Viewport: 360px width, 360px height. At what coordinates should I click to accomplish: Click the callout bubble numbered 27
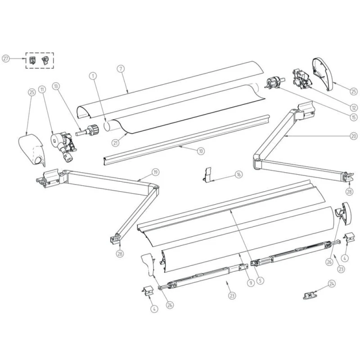point(6,58)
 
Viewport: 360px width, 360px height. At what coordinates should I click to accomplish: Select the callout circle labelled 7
point(121,69)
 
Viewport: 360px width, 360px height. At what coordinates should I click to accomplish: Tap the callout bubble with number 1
point(93,76)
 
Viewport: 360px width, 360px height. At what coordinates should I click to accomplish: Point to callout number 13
point(56,85)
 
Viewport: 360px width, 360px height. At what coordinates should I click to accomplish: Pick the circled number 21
point(116,143)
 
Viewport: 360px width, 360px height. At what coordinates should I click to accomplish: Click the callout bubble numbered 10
point(199,152)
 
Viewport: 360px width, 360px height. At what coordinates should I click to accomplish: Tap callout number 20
point(353,135)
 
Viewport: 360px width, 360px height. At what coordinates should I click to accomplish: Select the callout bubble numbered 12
point(353,108)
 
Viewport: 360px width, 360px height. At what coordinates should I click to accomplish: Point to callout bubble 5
point(260,279)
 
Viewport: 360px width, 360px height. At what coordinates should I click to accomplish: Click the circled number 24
point(332,283)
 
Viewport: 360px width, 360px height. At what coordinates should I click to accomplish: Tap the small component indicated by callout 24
point(309,295)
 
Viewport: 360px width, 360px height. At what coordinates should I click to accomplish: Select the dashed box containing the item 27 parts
point(40,60)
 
